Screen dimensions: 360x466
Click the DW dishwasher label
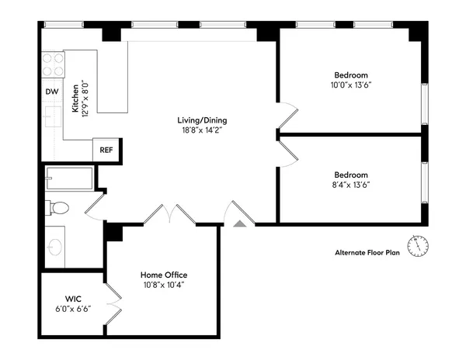pyautogui.click(x=52, y=92)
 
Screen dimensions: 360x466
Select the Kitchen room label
pyautogui.click(x=75, y=99)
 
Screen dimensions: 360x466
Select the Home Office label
pyautogui.click(x=163, y=275)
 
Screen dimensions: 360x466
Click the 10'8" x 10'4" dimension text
pyautogui.click(x=163, y=285)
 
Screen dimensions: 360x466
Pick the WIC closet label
pyautogui.click(x=74, y=298)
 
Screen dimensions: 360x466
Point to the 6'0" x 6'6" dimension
pyautogui.click(x=74, y=308)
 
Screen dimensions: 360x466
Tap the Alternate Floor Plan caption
pyautogui.click(x=367, y=252)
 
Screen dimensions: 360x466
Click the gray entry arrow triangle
pyautogui.click(x=239, y=222)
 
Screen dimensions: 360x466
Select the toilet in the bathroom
pyautogui.click(x=57, y=207)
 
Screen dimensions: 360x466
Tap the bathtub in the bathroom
pyautogui.click(x=69, y=178)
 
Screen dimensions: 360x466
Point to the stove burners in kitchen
pyautogui.click(x=53, y=64)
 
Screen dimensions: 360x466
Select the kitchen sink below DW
pyautogui.click(x=52, y=117)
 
